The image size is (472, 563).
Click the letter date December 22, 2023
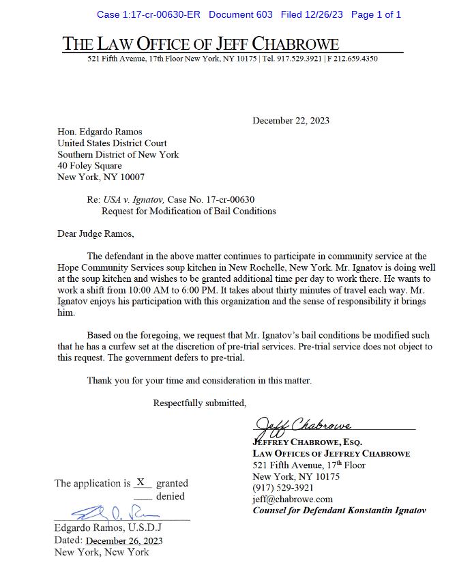pyautogui.click(x=291, y=121)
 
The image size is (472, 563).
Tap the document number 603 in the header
pyautogui.click(x=263, y=14)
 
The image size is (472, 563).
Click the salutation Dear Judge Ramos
pyautogui.click(x=95, y=234)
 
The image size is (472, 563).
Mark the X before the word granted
pyautogui.click(x=141, y=482)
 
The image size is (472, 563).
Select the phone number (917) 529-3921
pyautogui.click(x=283, y=488)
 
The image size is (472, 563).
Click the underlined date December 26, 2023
pyautogui.click(x=124, y=541)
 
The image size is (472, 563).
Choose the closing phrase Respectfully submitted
pyautogui.click(x=200, y=403)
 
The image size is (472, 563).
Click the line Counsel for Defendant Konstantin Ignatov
pyautogui.click(x=339, y=510)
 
